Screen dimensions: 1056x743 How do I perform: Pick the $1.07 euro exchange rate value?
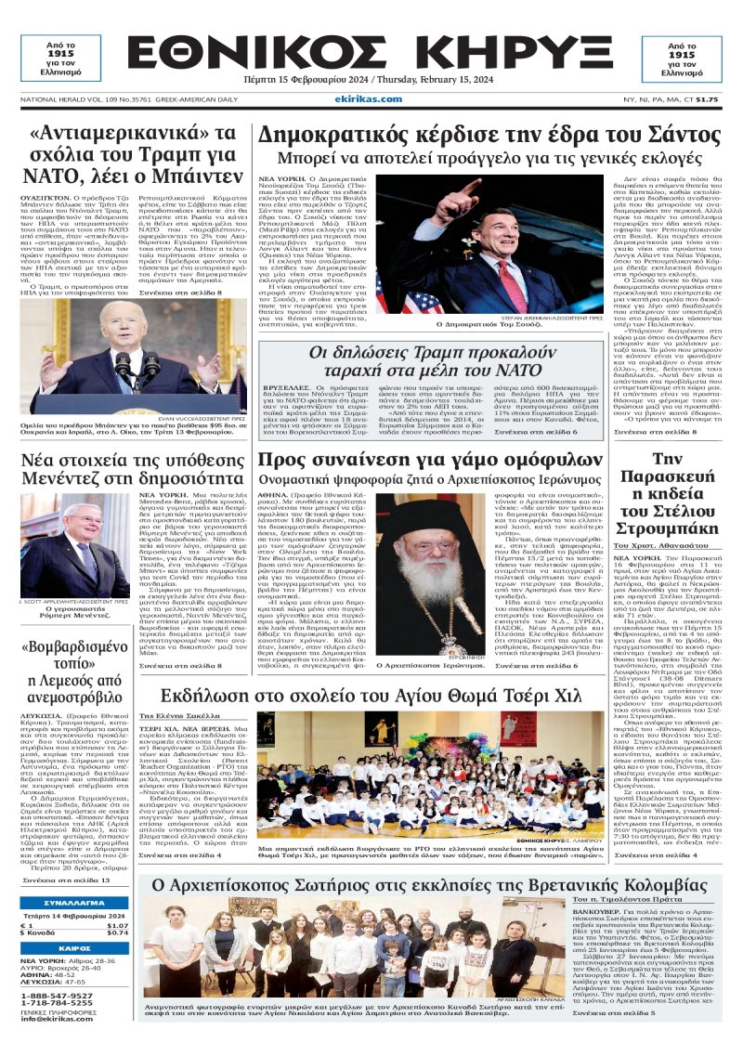point(117,925)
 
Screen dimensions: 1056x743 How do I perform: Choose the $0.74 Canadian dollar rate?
point(117,932)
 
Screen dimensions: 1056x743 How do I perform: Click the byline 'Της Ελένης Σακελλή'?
point(167,717)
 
